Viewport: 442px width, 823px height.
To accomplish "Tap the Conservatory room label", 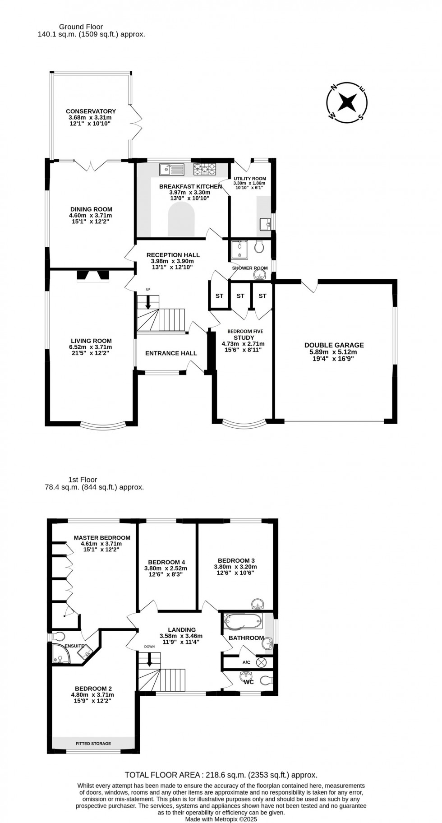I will pyautogui.click(x=91, y=111).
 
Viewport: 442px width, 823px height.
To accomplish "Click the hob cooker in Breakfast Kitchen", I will pyautogui.click(x=205, y=169).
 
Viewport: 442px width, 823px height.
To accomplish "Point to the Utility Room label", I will pyautogui.click(x=249, y=179).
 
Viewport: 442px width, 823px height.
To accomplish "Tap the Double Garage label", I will pyautogui.click(x=334, y=345).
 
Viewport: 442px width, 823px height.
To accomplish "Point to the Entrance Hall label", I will pyautogui.click(x=171, y=353).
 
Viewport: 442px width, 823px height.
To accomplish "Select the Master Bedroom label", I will pyautogui.click(x=102, y=537).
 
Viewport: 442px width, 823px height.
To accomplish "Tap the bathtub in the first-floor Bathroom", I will pyautogui.click(x=243, y=621).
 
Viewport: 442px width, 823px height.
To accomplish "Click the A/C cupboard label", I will pyautogui.click(x=246, y=662).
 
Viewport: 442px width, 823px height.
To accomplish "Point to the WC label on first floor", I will pyautogui.click(x=249, y=682).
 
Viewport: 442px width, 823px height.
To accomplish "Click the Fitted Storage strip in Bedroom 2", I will pyautogui.click(x=93, y=743).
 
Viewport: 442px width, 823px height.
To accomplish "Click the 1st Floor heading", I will pyautogui.click(x=83, y=480).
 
